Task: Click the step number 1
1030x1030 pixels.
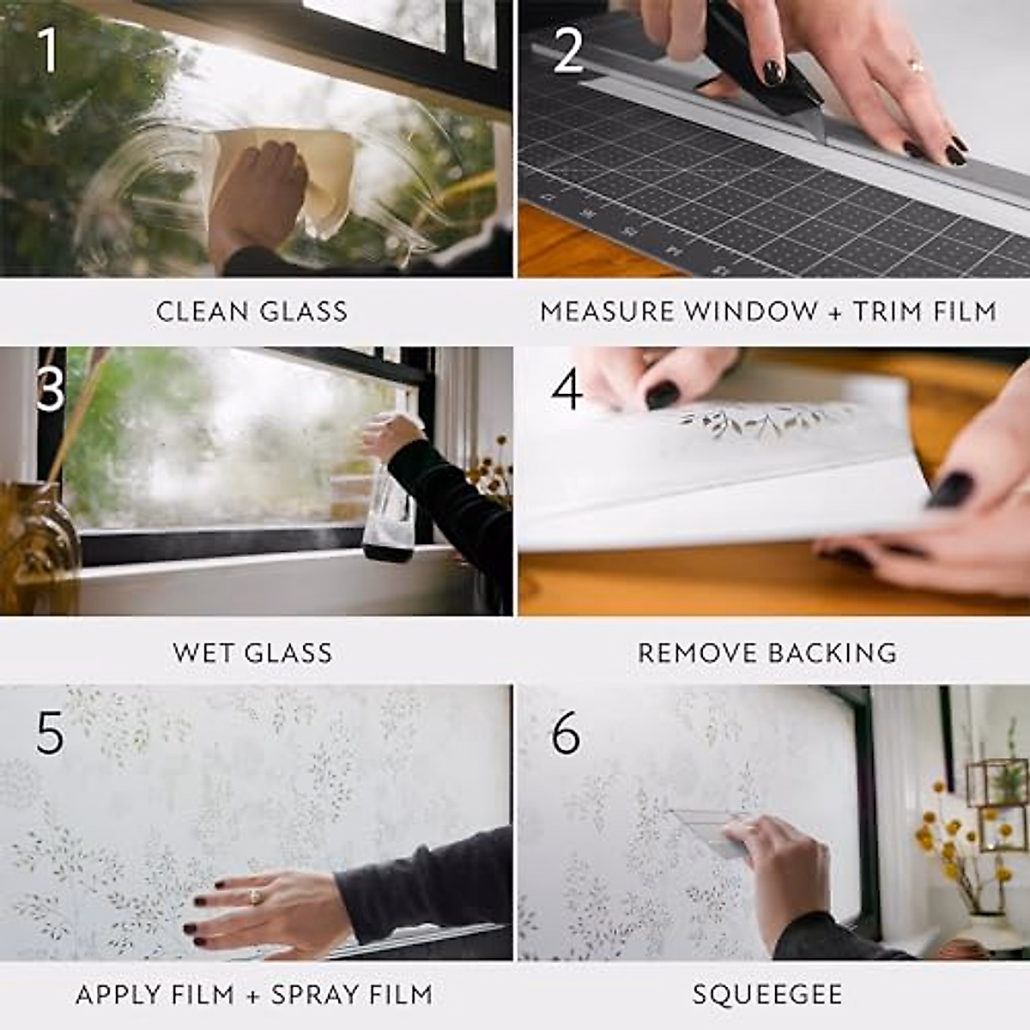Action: click(49, 50)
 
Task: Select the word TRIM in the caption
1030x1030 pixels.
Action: click(889, 311)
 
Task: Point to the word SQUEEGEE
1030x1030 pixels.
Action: click(767, 995)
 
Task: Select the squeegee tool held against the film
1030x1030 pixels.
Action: click(708, 828)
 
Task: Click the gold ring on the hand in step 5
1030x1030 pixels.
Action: click(255, 896)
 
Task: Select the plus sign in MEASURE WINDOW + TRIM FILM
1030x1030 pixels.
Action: click(835, 311)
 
